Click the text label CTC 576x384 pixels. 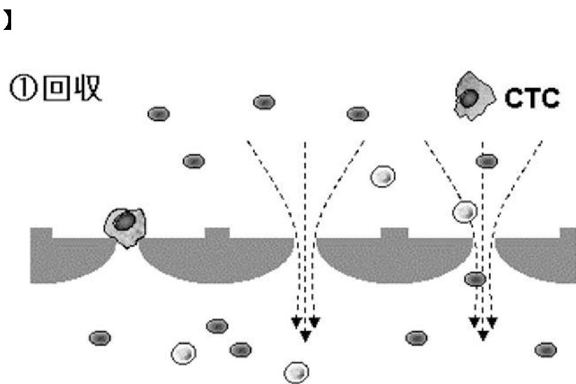click(533, 99)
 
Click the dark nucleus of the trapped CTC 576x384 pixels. click(124, 221)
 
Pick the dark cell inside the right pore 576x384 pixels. click(475, 279)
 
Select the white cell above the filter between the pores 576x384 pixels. click(383, 176)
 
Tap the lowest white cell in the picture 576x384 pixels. click(296, 371)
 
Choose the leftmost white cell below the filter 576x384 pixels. click(184, 353)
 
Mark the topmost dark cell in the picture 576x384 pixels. click(264, 103)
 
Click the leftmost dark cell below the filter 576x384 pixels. click(100, 338)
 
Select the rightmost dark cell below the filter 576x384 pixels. click(545, 350)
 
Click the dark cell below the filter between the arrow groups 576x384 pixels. click(416, 338)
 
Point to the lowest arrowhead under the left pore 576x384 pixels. click(306, 336)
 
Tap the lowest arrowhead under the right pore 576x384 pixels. click(483, 336)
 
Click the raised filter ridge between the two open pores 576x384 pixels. click(394, 233)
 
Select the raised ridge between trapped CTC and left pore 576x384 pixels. click(217, 233)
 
